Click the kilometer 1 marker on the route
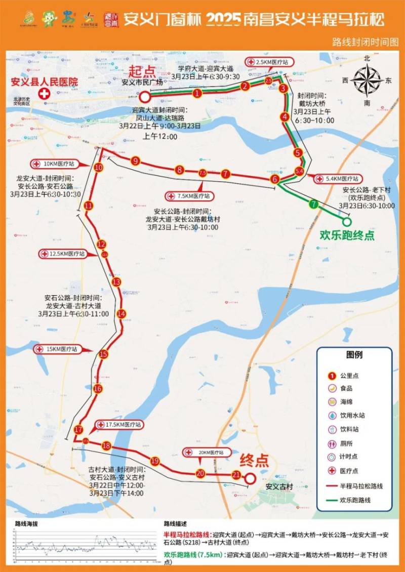click(197, 93)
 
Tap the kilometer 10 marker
click(99, 168)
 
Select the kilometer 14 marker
click(121, 314)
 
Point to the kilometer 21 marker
click(236, 475)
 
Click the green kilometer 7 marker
click(314, 205)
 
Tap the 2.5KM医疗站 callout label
click(269, 62)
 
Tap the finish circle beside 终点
click(250, 478)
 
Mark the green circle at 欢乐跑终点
click(347, 221)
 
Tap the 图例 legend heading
click(354, 355)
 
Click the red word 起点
click(142, 70)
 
